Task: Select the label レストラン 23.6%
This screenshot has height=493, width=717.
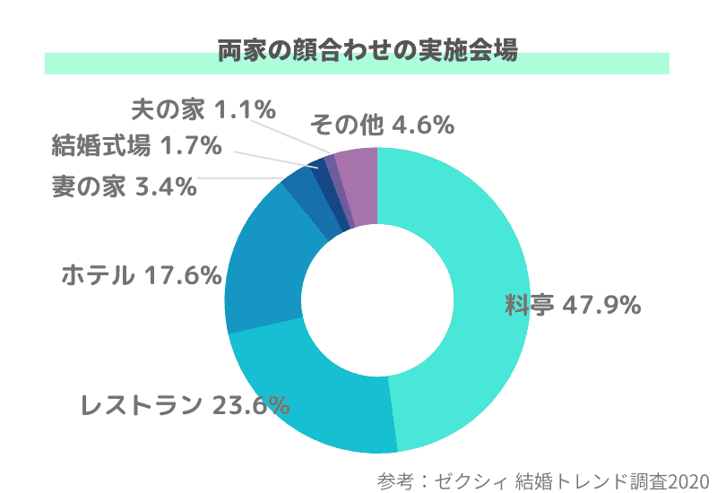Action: point(185,405)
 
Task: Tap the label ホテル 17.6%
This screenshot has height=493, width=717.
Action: point(141,274)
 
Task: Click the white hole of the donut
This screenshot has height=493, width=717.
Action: point(376,299)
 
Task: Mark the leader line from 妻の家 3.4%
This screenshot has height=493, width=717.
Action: point(242,178)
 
